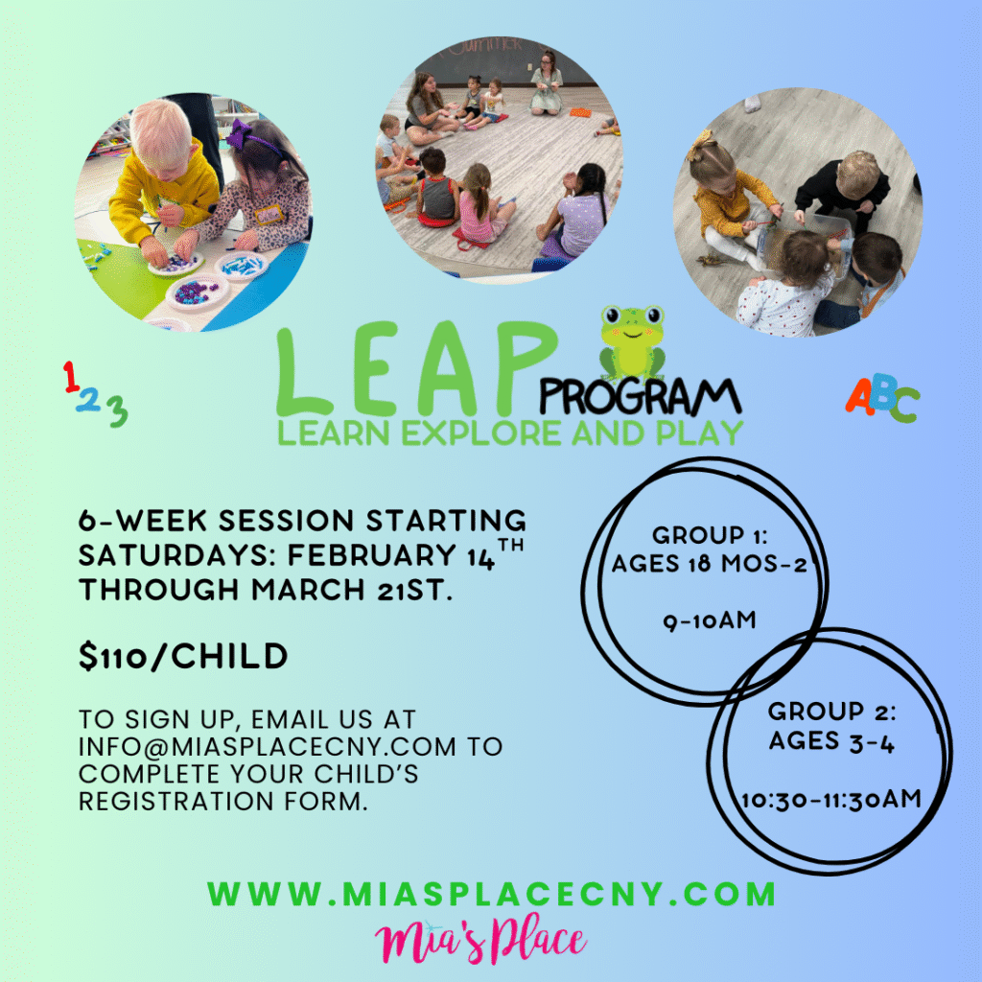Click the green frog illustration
click(632, 342)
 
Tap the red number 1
click(71, 377)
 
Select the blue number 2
click(89, 401)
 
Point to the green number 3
click(117, 412)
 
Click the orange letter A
click(860, 396)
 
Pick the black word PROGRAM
click(640, 397)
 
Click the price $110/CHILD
click(183, 656)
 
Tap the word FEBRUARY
click(371, 555)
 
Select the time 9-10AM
click(710, 620)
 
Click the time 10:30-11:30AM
click(831, 800)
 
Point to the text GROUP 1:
click(710, 535)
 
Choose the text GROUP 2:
click(831, 712)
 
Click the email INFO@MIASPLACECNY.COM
click(268, 746)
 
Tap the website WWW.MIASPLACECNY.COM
click(492, 893)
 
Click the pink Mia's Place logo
click(480, 941)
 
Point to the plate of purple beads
click(198, 292)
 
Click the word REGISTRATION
click(176, 801)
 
